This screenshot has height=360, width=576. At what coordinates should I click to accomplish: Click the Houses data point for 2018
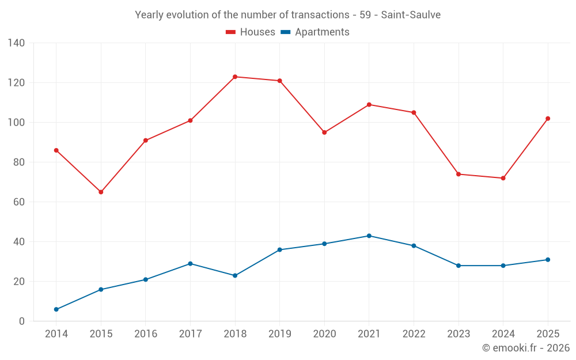click(235, 77)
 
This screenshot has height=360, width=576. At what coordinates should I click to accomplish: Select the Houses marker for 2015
click(101, 192)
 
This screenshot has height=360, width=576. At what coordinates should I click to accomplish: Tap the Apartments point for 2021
click(369, 236)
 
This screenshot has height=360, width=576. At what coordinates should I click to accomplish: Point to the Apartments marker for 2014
click(56, 309)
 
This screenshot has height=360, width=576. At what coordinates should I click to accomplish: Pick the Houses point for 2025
click(548, 119)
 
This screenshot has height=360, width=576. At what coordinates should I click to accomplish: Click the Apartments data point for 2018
click(235, 275)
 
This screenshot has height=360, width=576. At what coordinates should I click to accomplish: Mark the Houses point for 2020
click(324, 132)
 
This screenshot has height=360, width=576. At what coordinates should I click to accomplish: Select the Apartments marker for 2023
click(458, 266)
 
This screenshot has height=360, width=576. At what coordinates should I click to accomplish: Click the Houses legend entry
click(251, 32)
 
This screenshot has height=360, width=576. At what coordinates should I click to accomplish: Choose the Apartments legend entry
click(315, 32)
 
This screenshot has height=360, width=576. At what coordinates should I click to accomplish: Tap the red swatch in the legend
click(231, 32)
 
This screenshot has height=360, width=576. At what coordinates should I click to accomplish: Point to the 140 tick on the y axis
click(17, 43)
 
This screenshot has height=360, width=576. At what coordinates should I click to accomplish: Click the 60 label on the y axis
click(19, 202)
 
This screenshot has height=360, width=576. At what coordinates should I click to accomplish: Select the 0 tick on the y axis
click(22, 321)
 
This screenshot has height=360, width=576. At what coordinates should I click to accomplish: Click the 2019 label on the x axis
click(280, 334)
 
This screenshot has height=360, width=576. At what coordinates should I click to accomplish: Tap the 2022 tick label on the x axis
click(414, 334)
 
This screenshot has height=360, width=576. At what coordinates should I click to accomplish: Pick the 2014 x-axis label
click(56, 334)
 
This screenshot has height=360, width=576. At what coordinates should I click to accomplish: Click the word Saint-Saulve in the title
click(411, 15)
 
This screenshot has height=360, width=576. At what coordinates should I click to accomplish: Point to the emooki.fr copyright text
click(526, 348)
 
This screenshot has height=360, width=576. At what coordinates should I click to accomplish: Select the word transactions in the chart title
click(320, 15)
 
